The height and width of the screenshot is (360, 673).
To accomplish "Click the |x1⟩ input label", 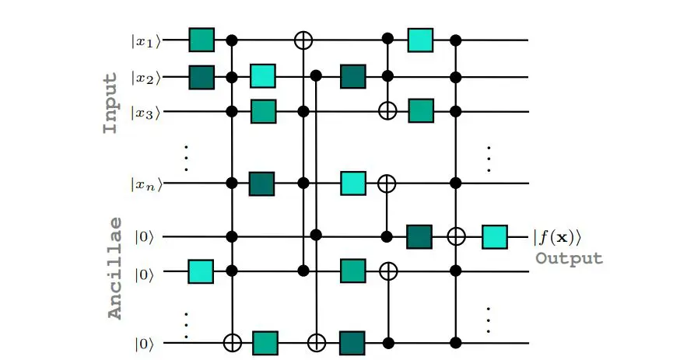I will pos(145,40).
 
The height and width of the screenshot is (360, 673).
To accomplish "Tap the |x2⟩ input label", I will pos(145,77).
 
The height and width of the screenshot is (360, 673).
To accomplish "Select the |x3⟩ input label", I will pos(145,112).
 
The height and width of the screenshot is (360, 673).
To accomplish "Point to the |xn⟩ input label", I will pos(145,184).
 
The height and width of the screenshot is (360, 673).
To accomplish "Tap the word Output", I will pos(568,259).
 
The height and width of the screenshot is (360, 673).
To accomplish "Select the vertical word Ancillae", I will pos(114,267).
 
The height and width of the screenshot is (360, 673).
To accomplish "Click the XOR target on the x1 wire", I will pos(303,40).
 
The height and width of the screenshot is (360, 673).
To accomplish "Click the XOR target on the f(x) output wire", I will pos(457,236).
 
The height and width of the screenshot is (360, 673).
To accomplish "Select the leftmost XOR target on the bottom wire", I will pos(232,341).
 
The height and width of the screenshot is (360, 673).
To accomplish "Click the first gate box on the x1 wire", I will pos(202,40).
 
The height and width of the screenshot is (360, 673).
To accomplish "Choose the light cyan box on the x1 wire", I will pos(420,40).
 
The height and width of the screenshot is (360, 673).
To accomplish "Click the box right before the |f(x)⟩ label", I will pos(494,236).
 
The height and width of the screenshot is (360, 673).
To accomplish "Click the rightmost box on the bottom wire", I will pos(353,341).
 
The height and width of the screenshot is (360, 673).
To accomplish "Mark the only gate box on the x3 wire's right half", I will pos(420,111).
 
